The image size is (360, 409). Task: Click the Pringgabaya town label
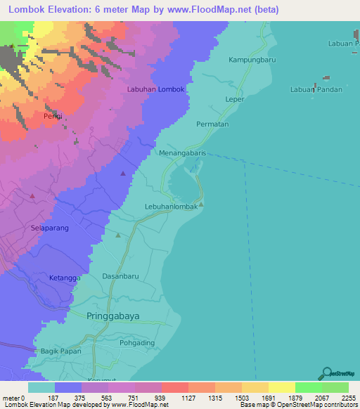112,316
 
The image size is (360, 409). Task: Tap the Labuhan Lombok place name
155,89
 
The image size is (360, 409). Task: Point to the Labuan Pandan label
316,89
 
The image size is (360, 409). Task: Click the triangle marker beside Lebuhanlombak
201,204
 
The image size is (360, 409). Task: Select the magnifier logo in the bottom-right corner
326,374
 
